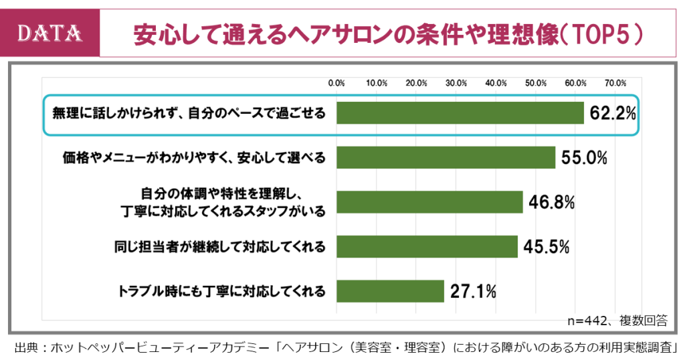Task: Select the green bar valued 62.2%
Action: (x=460, y=113)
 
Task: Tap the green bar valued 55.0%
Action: (x=446, y=158)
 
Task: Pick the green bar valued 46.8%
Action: (x=429, y=201)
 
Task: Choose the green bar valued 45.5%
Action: (x=427, y=246)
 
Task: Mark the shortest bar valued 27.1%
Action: (x=390, y=291)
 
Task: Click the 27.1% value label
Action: (x=473, y=291)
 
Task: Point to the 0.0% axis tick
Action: (x=336, y=83)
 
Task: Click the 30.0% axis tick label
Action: (x=456, y=83)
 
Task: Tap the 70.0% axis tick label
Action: (x=615, y=83)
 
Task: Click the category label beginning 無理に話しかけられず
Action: (x=189, y=114)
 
